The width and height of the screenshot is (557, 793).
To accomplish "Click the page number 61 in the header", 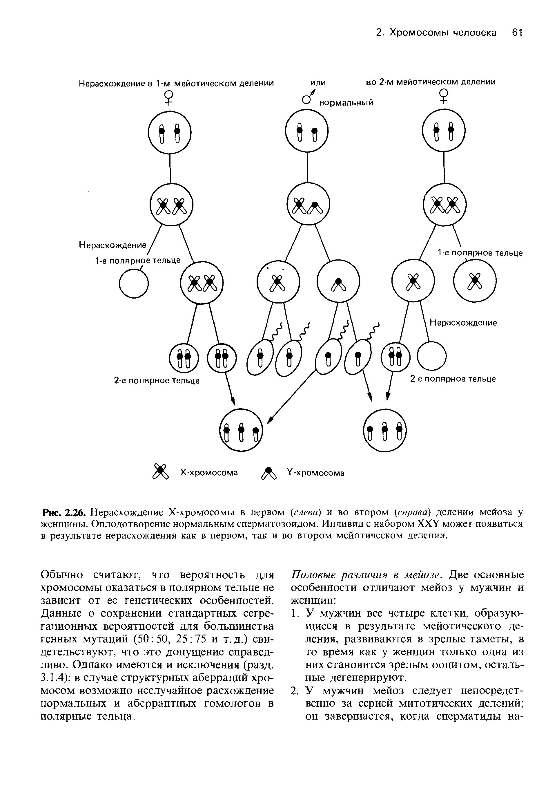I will pyautogui.click(x=517, y=32).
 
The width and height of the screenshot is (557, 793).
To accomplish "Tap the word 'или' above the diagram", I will pyautogui.click(x=318, y=82).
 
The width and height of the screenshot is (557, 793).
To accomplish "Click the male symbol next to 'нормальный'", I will pyautogui.click(x=308, y=97).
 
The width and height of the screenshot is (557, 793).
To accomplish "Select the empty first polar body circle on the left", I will pyautogui.click(x=134, y=283).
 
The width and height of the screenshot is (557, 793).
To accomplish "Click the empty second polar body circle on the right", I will pyautogui.click(x=431, y=356).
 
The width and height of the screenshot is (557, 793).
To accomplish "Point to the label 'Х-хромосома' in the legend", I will pyautogui.click(x=209, y=472).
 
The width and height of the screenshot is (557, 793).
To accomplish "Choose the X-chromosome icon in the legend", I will pyautogui.click(x=160, y=472).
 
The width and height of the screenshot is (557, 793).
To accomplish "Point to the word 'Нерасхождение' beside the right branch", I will pyautogui.click(x=463, y=323).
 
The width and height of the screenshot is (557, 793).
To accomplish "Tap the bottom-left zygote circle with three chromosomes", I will pyautogui.click(x=241, y=430).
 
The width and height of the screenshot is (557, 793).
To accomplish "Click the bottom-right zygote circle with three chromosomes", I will pyautogui.click(x=385, y=430).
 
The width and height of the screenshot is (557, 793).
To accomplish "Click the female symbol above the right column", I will pyautogui.click(x=443, y=96).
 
